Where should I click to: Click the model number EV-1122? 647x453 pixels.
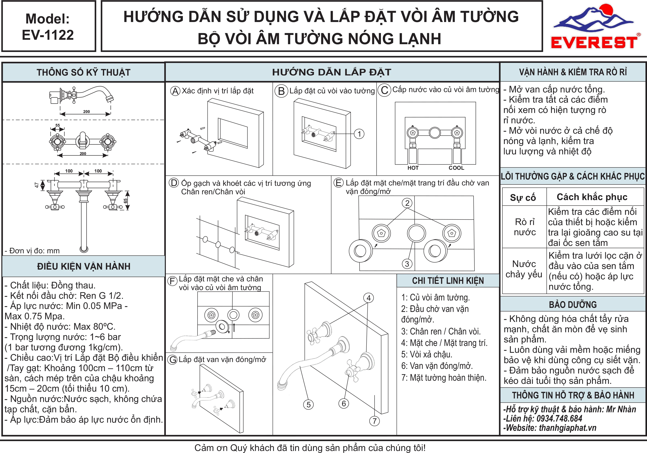pyautogui.click(x=48, y=35)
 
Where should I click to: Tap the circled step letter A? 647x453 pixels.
pyautogui.click(x=175, y=91)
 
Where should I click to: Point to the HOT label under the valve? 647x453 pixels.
pyautogui.click(x=413, y=168)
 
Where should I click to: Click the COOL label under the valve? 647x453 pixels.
pyautogui.click(x=456, y=168)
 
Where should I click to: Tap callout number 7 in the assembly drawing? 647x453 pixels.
pyautogui.click(x=374, y=421)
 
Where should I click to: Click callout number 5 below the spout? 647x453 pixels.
pyautogui.click(x=309, y=404)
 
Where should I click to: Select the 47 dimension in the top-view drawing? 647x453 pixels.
pyautogui.click(x=37, y=185)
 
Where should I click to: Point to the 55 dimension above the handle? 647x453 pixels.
pyautogui.click(x=57, y=125)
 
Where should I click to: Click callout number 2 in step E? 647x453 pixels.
pyautogui.click(x=407, y=203)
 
